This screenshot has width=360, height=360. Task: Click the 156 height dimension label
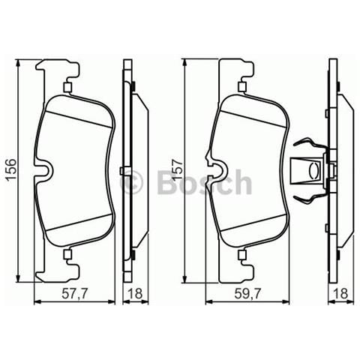[x=11, y=169]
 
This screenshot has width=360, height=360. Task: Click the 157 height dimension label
[x=178, y=169]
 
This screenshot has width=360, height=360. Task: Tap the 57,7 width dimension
[x=75, y=294]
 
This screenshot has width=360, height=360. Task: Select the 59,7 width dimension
[x=247, y=294]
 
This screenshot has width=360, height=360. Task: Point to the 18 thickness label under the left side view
[x=135, y=294]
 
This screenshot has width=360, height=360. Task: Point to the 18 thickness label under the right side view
[x=340, y=294]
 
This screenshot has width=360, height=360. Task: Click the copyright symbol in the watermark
[x=132, y=181]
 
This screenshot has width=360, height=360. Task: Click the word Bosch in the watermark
[x=204, y=181]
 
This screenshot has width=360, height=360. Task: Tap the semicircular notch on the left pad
[x=46, y=171]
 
